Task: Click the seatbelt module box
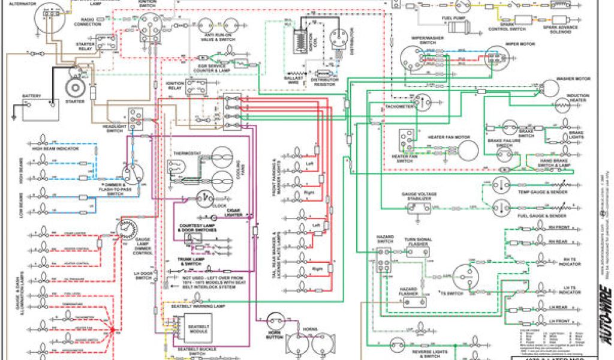(x=198, y=331)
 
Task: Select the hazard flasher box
(x=413, y=302)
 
